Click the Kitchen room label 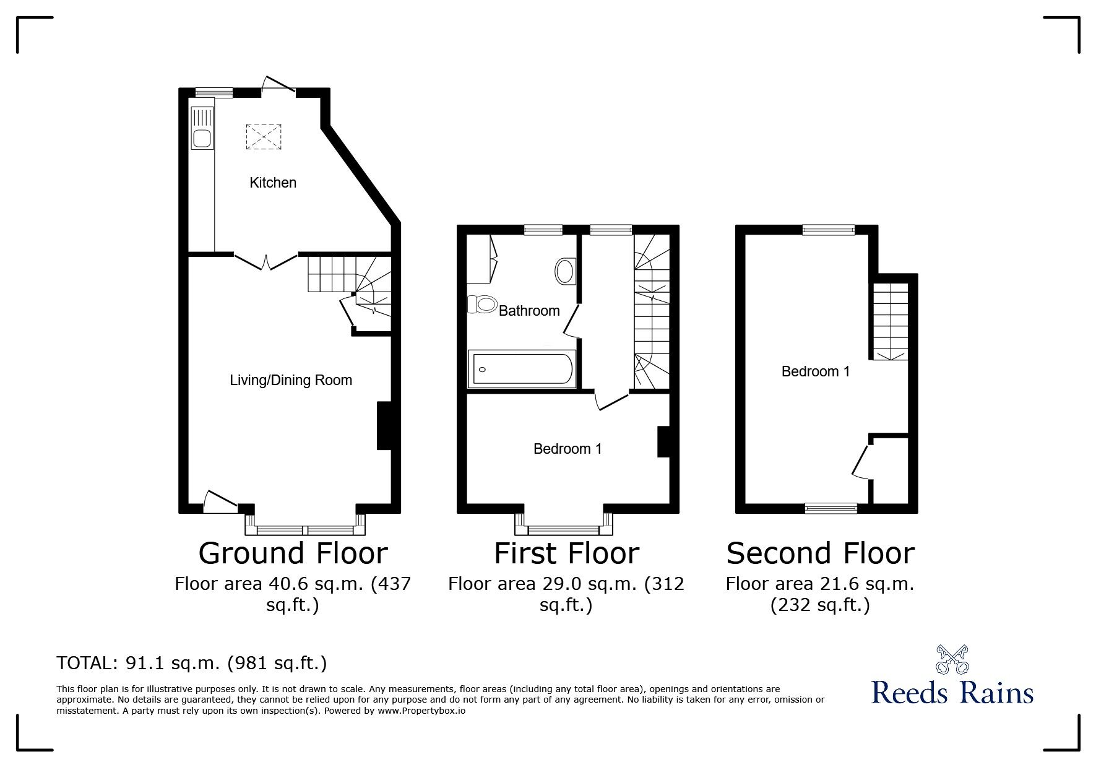(272, 183)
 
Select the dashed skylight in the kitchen (264, 137)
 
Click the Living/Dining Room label (291, 380)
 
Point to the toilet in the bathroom (483, 304)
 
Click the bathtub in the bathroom (522, 370)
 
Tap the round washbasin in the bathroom (565, 271)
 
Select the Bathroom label (529, 311)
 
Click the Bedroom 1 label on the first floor (567, 449)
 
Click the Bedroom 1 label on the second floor (815, 371)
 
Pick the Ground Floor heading (293, 553)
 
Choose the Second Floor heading (820, 553)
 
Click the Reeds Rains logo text (952, 692)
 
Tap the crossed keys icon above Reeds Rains (952, 659)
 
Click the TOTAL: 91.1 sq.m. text (191, 663)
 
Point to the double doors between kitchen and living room (266, 261)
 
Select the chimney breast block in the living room (384, 425)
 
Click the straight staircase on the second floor (891, 321)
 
